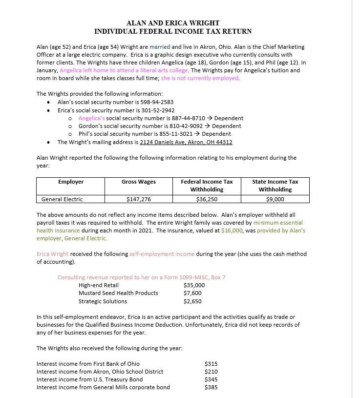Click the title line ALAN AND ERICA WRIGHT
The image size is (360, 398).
173,23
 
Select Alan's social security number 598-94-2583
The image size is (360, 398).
157,102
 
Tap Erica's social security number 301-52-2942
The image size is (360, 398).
158,110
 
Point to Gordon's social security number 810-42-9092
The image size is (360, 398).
180,126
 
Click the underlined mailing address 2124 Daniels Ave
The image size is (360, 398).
186,142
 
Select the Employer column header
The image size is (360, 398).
71,182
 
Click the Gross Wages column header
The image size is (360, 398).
139,182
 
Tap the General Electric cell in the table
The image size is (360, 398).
62,199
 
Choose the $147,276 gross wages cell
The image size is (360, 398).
139,199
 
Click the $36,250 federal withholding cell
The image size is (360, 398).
207,199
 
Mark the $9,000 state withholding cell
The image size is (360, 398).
275,199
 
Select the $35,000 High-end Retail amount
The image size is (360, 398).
194,285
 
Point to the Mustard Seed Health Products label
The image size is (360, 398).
118,293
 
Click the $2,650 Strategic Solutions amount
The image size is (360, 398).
192,301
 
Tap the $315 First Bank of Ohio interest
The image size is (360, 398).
211,364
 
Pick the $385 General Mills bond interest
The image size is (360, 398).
211,387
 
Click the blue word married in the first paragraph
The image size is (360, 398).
160,47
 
